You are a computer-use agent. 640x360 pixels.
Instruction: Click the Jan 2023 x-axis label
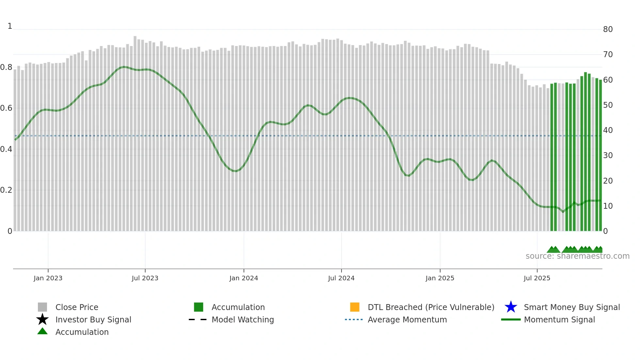48,278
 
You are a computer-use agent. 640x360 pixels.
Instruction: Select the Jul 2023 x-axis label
145,278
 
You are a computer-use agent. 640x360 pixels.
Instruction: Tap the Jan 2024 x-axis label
244,278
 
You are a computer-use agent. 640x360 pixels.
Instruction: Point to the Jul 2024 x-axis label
341,278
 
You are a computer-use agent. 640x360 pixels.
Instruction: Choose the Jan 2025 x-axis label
440,278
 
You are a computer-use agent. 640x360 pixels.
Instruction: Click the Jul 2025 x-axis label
537,278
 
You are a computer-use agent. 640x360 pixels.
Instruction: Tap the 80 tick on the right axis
608,29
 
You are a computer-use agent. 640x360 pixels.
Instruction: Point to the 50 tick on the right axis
608,105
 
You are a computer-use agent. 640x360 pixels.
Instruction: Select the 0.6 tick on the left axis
6,108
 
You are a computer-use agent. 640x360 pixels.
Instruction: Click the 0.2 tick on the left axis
6,190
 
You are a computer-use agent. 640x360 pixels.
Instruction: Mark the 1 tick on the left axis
10,26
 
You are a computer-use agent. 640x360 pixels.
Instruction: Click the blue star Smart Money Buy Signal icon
511,307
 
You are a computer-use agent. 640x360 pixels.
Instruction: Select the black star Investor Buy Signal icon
42,319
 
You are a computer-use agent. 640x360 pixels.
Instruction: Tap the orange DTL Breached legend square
355,307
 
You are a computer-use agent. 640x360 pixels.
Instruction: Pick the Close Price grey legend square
42,307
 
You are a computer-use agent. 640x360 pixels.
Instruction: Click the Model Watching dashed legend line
198,319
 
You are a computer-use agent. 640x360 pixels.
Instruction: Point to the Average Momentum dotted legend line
354,319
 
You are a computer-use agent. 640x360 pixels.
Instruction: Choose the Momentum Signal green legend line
511,319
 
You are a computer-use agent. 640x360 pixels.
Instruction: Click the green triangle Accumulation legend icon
42,331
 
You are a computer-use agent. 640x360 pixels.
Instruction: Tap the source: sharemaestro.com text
577,256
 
